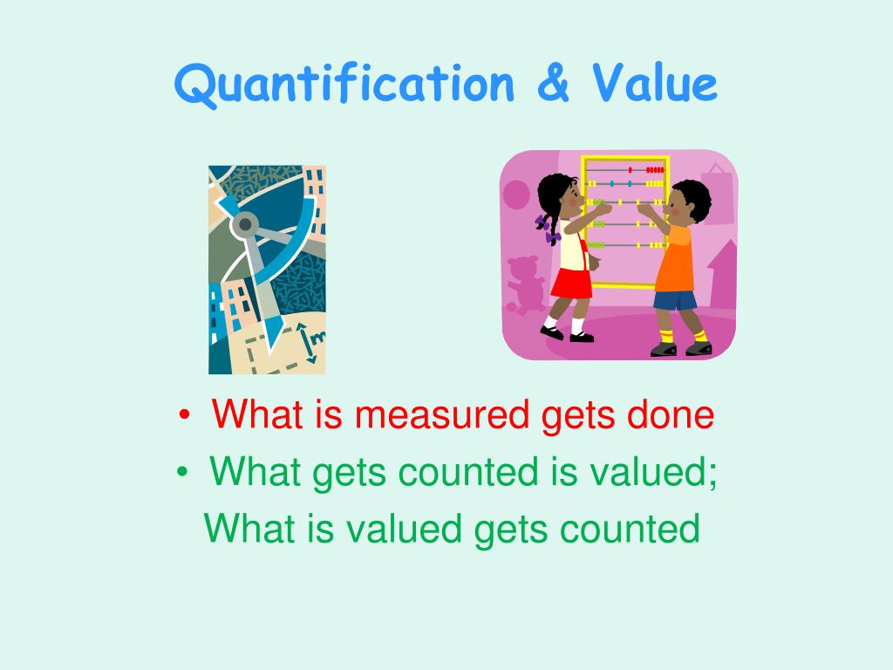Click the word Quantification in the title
[344, 85]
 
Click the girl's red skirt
[572, 282]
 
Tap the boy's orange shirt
[678, 260]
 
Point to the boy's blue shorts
[676, 300]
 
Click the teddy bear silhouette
[526, 284]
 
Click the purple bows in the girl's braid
[548, 229]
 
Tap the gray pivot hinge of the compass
[246, 225]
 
